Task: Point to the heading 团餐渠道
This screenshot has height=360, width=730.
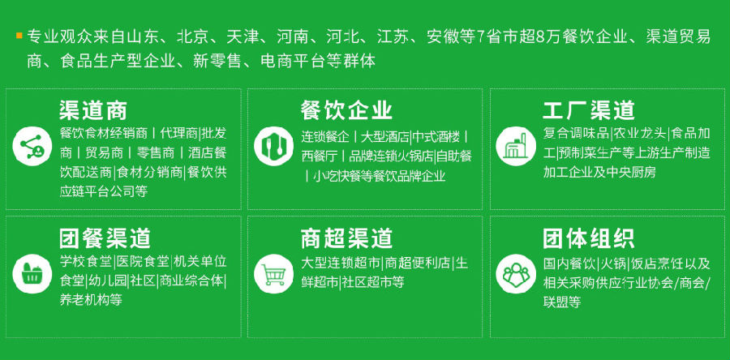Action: pos(105,238)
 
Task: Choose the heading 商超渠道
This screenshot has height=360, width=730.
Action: pos(346,238)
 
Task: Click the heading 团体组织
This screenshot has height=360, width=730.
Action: pos(589,238)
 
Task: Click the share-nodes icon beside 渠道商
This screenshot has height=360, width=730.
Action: pos(32,146)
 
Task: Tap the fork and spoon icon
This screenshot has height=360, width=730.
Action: pos(274,146)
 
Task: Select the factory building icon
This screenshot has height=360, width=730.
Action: pos(516,146)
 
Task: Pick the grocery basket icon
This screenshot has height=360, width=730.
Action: pos(32,273)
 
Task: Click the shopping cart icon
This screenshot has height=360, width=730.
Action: pos(274,273)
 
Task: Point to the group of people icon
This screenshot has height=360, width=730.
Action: pos(516,273)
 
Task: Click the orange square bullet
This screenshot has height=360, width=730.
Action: pos(19,35)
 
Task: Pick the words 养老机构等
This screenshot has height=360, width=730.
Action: pos(91,300)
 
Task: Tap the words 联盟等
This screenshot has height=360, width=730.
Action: pos(562,302)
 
